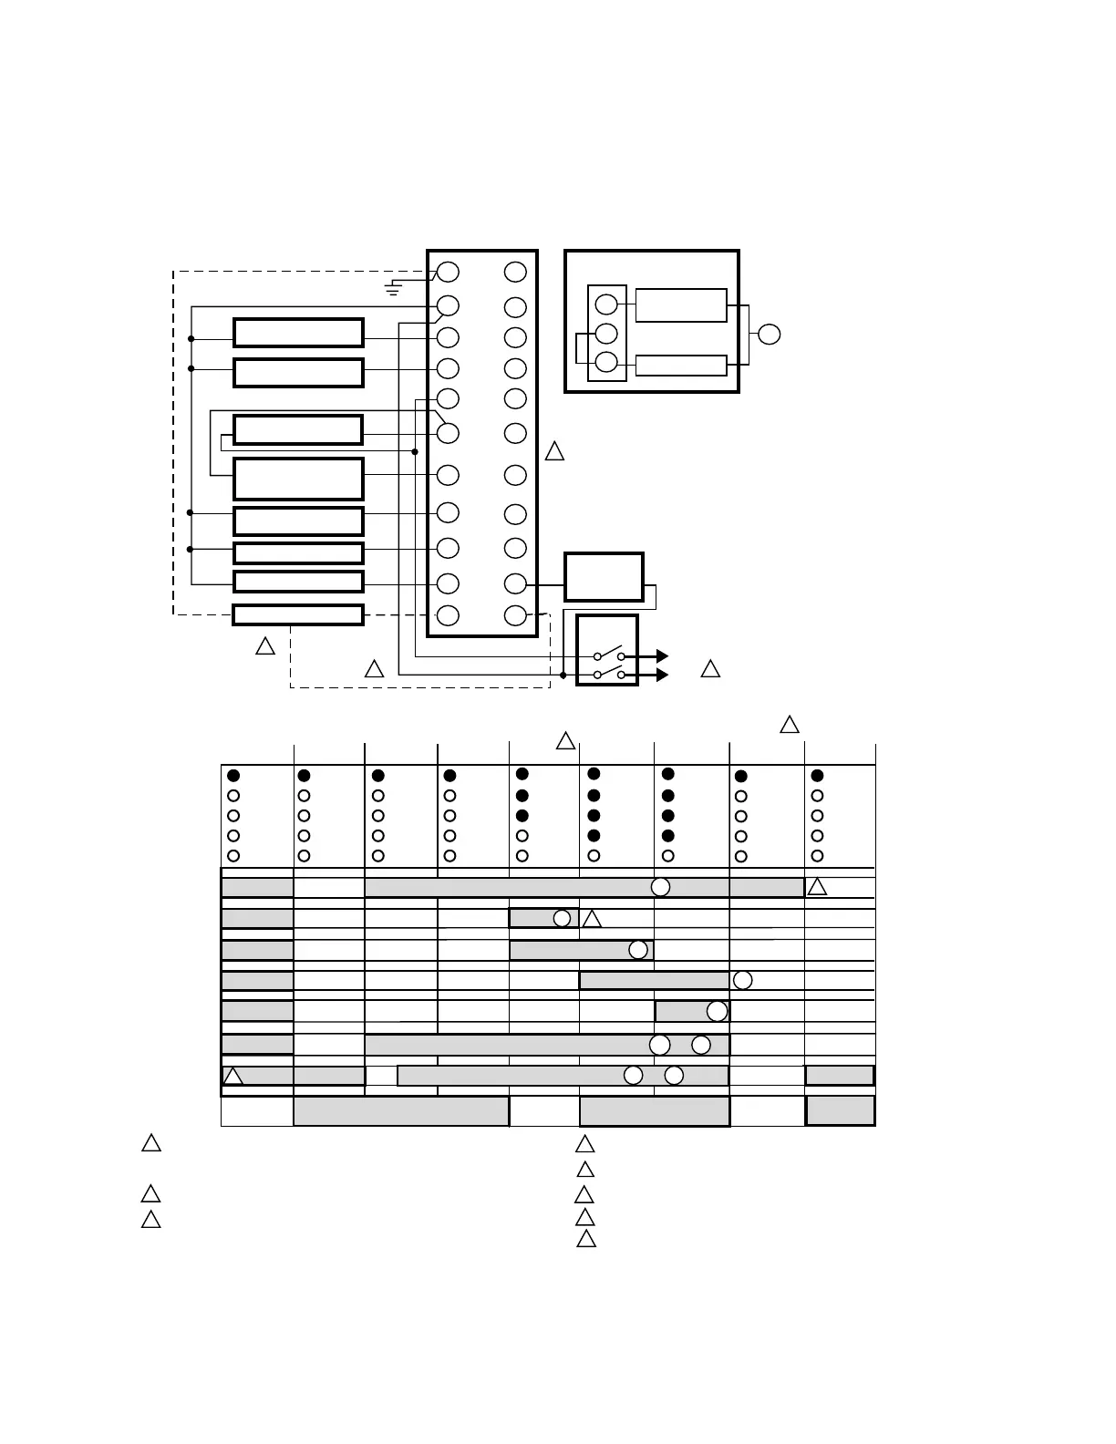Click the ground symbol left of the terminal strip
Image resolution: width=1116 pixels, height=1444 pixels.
(x=393, y=289)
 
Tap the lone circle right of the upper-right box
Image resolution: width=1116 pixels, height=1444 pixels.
(x=770, y=334)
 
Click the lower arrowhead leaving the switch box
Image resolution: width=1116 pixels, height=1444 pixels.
(x=662, y=675)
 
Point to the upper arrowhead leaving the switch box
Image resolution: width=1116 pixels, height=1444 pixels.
(x=662, y=655)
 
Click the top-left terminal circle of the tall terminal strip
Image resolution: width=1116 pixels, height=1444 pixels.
(x=448, y=272)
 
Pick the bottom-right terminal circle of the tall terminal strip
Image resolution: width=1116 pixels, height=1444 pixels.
(x=515, y=615)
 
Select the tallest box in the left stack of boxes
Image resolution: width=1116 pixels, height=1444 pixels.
(x=298, y=479)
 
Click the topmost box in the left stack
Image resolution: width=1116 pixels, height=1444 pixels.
(x=298, y=333)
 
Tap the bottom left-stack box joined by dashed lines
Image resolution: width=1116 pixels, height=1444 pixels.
(x=298, y=614)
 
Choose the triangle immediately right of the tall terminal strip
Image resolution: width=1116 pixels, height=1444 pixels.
(x=554, y=451)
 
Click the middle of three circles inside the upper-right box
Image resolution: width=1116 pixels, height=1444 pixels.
(x=606, y=334)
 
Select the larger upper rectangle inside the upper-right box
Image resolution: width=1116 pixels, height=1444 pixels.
(x=680, y=305)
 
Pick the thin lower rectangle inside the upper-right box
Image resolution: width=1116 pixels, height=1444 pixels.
(x=680, y=366)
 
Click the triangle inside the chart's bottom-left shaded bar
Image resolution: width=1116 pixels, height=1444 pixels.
(x=233, y=1077)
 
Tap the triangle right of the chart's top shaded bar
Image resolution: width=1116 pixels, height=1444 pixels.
(x=817, y=887)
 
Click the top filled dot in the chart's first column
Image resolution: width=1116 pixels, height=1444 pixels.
(x=233, y=776)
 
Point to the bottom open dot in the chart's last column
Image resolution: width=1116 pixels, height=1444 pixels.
(x=817, y=856)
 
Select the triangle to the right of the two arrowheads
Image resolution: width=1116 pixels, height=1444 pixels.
(x=710, y=669)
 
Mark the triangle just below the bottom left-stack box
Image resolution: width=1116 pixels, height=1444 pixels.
(x=265, y=646)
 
